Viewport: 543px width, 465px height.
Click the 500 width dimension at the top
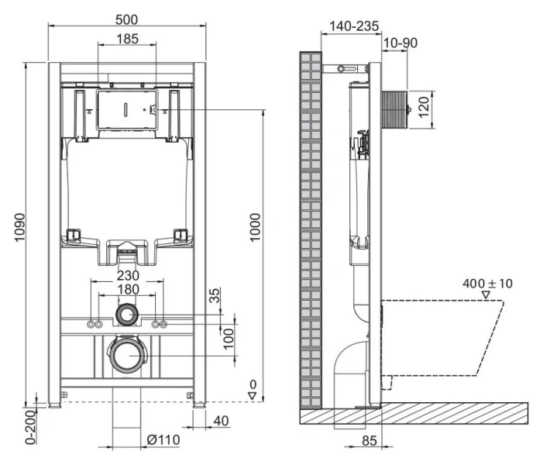click(x=128, y=17)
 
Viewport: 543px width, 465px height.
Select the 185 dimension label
click(x=128, y=39)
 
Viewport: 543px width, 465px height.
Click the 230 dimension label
click(x=128, y=275)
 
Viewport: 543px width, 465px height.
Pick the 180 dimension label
click(x=128, y=289)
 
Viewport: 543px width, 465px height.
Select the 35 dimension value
click(x=215, y=297)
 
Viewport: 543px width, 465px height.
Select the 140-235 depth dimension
click(x=353, y=26)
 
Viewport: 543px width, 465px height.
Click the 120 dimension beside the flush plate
click(x=424, y=105)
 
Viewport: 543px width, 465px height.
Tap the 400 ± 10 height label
click(x=487, y=284)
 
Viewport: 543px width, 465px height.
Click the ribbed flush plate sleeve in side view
click(x=395, y=105)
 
